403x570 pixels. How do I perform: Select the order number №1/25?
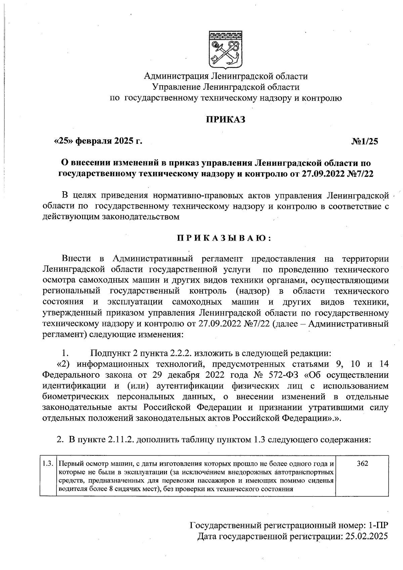click(365, 141)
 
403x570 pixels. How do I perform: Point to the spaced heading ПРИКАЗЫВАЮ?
click(224, 238)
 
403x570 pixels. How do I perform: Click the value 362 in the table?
click(362, 463)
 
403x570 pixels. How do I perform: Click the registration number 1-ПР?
click(378, 525)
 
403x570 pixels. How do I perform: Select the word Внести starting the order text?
click(76, 259)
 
